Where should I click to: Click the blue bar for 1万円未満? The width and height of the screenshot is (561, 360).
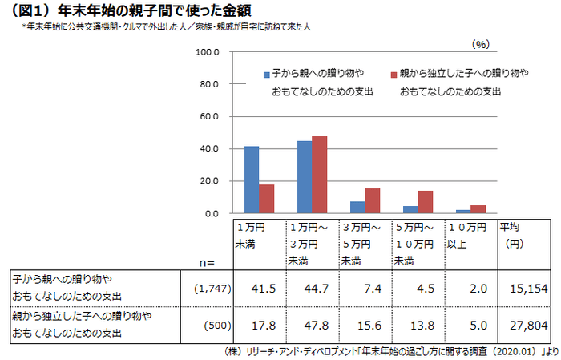click(252, 180)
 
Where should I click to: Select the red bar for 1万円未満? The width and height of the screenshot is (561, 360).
click(266, 199)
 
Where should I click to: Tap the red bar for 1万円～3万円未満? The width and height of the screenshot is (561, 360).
click(319, 175)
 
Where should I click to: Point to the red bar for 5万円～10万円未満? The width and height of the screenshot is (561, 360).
click(425, 202)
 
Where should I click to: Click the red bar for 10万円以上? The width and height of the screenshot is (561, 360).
click(478, 209)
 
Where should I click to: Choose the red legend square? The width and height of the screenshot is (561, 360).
click(394, 74)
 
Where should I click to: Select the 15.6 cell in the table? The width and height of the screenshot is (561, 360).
click(366, 325)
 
